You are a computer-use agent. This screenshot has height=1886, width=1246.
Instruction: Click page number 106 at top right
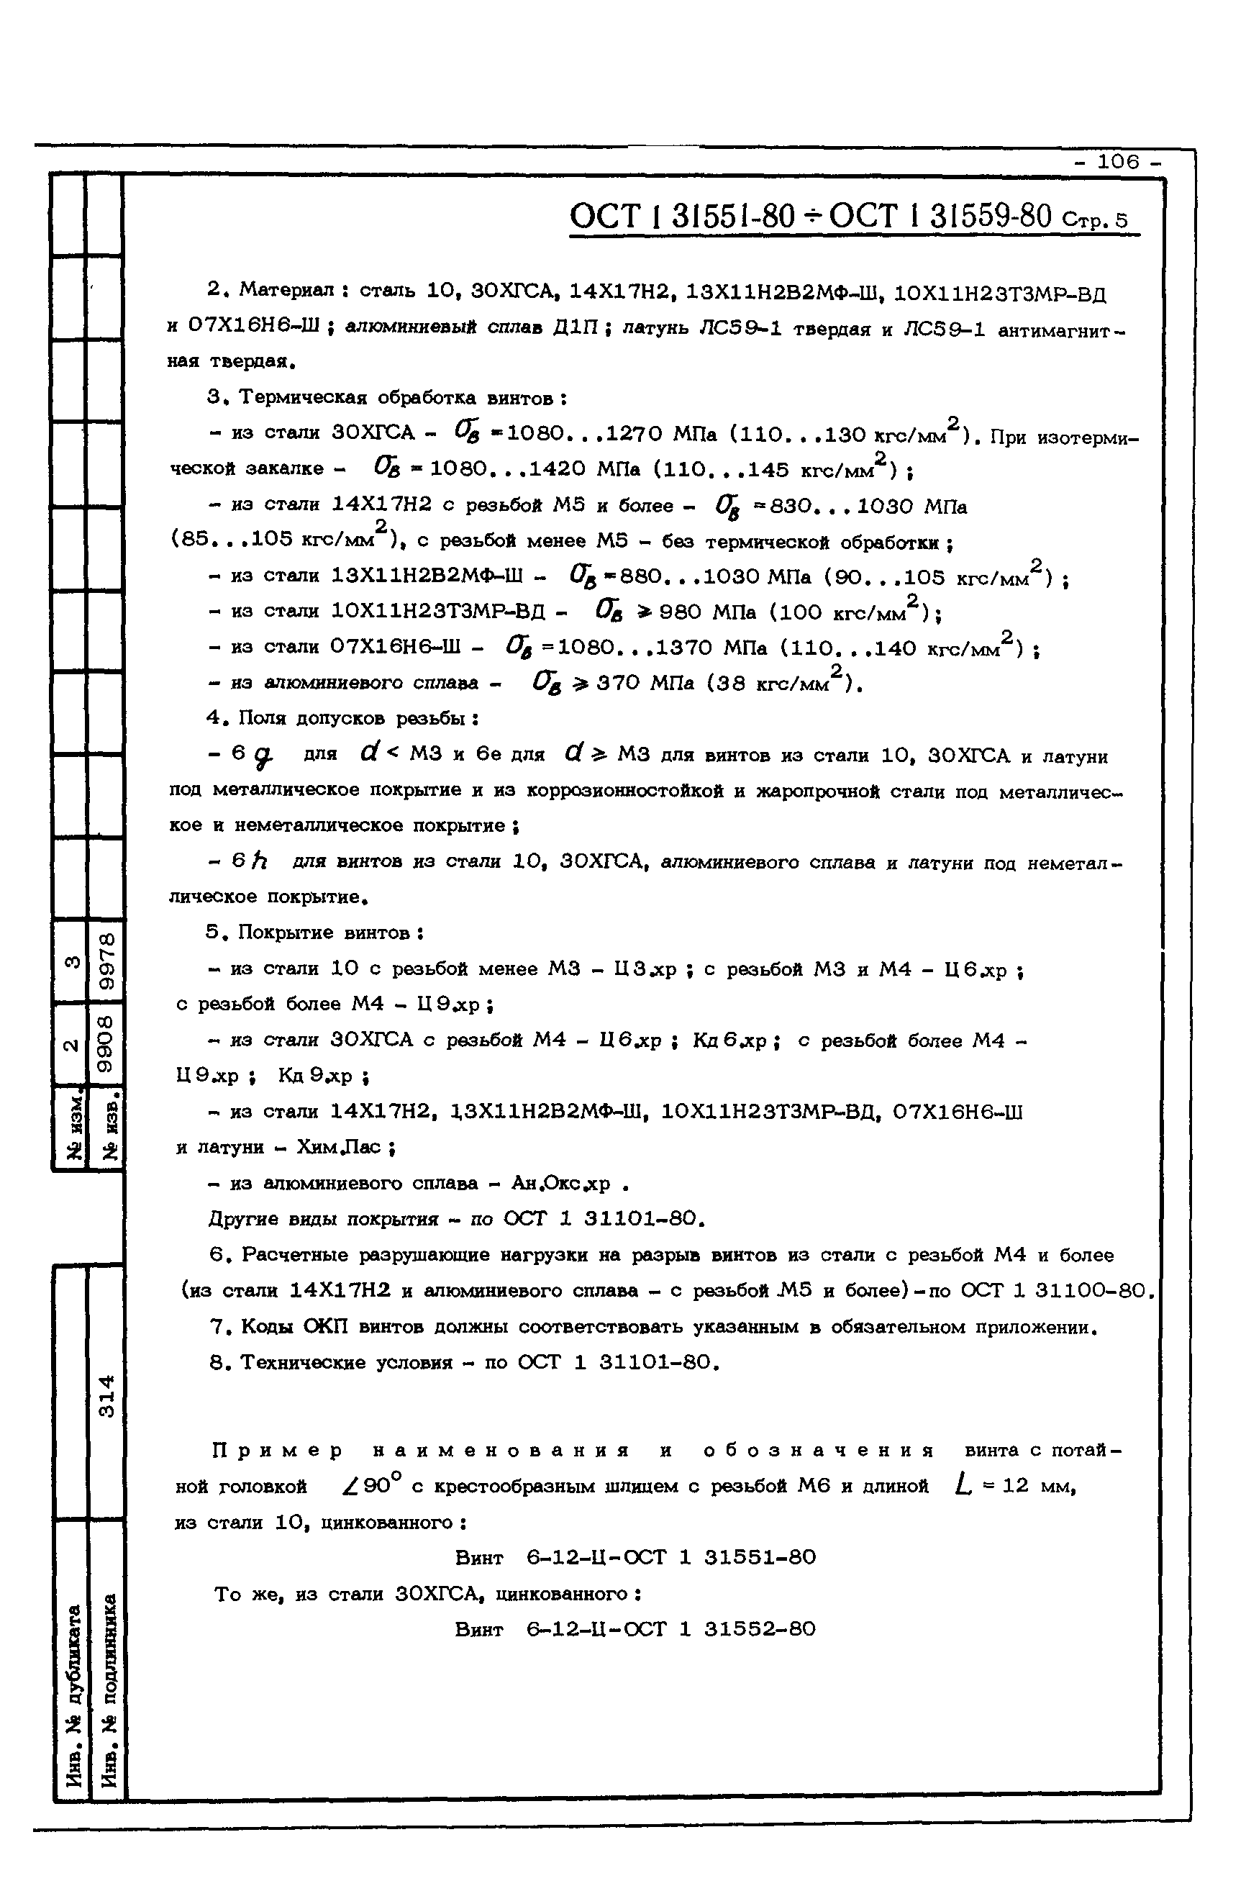[1118, 162]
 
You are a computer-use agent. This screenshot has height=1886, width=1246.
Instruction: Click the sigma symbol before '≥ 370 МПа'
[547, 683]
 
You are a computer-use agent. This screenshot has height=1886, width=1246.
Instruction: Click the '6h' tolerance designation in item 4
[249, 861]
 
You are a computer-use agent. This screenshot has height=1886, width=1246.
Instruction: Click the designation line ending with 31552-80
[635, 1629]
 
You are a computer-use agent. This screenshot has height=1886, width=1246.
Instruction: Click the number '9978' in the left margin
[106, 961]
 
